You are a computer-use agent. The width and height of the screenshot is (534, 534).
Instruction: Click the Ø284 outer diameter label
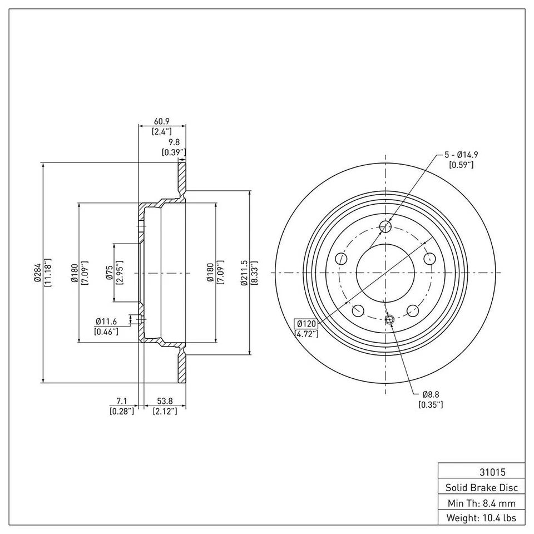click(37, 273)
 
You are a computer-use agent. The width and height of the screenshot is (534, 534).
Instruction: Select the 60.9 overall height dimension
click(161, 122)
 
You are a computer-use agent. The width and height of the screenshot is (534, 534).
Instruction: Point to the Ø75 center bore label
click(110, 273)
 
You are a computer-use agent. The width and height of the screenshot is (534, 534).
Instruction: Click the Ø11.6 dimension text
click(106, 321)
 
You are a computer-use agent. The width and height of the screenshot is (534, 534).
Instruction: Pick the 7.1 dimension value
click(122, 401)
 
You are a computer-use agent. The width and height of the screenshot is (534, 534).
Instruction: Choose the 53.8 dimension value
click(165, 401)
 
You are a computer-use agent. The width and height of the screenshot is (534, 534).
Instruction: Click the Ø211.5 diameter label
click(245, 273)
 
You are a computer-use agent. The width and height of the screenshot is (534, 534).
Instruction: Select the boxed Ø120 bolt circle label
click(305, 324)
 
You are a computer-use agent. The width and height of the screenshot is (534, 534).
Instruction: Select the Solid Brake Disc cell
click(481, 487)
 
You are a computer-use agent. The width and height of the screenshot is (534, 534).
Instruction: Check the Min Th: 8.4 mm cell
click(481, 503)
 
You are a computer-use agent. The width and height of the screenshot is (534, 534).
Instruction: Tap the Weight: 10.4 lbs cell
click(481, 518)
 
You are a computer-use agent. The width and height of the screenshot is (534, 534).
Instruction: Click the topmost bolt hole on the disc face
click(385, 226)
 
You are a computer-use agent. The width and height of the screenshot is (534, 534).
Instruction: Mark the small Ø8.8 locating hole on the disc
click(389, 319)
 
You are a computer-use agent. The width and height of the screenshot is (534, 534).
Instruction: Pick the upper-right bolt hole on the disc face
click(429, 258)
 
